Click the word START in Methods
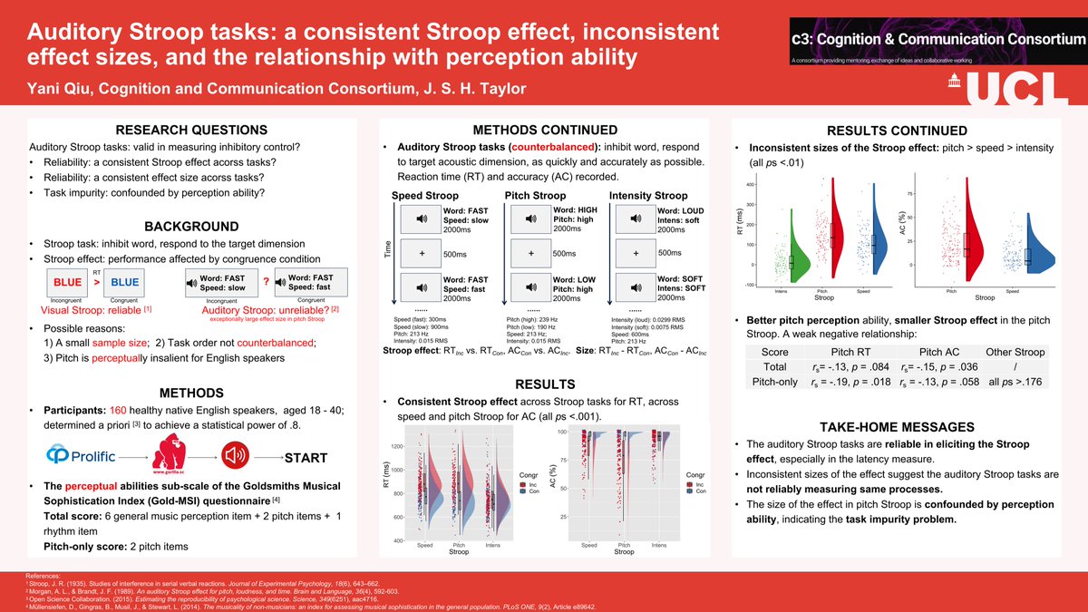pos(306,457)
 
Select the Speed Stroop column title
pos(424,196)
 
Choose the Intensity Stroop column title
pos(647,196)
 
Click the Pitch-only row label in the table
pos(774,383)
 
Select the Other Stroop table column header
pos(1014,352)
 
